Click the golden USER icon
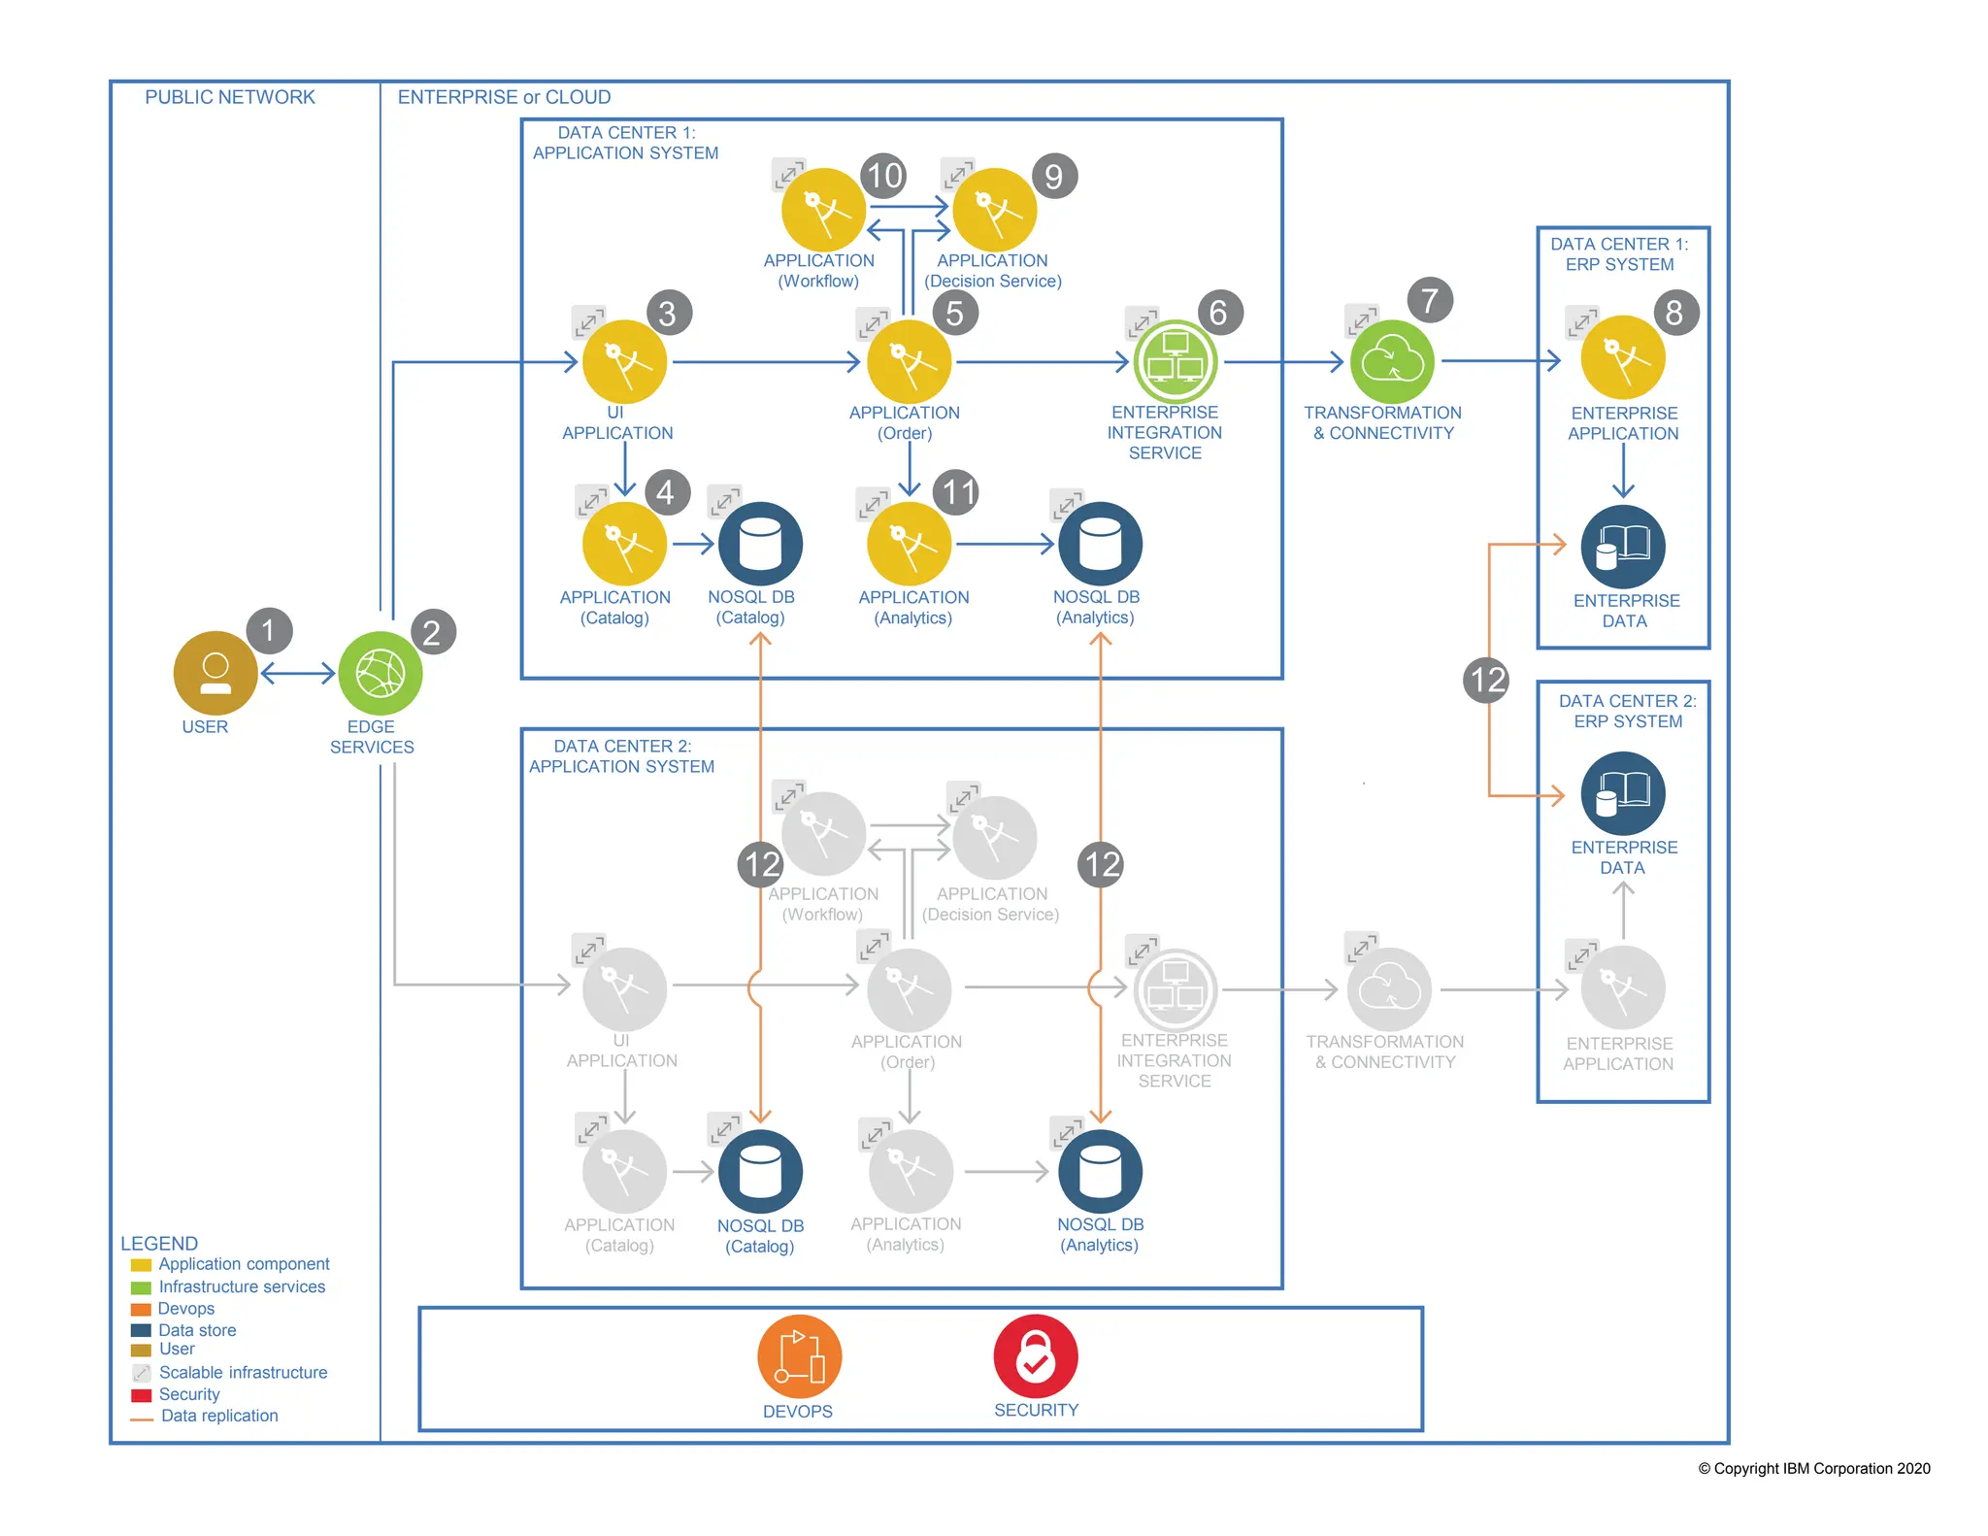215,673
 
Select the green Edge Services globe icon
380,673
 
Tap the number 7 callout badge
1429,301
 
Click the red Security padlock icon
1035,1356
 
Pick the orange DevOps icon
799,1356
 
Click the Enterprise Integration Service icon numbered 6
1176,361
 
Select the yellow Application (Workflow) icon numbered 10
823,211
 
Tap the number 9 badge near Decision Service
1054,177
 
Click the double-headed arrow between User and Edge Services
298,673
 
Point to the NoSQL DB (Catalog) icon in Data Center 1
760,544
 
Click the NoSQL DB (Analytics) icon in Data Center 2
1100,1172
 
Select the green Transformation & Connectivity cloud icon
1392,361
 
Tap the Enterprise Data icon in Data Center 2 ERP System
1623,793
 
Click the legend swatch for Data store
141,1330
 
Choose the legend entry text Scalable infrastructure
243,1372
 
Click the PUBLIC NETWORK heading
230,97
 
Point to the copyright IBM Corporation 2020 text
1813,1468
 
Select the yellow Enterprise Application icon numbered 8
1623,357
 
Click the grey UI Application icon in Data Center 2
624,989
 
